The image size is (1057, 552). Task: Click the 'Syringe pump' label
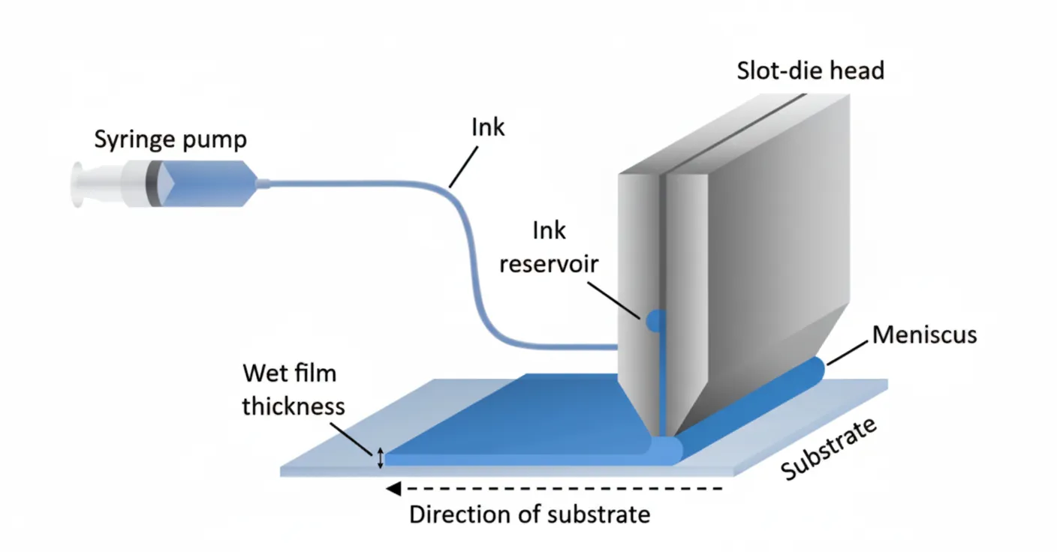point(170,139)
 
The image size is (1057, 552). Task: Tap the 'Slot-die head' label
point(810,70)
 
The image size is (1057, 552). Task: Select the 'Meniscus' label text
point(924,334)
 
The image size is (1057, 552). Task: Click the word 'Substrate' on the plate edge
point(829,448)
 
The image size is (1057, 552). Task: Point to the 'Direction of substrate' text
point(529,515)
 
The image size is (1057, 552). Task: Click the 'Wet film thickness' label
point(293,389)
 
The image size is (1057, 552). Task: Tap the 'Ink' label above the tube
point(488,127)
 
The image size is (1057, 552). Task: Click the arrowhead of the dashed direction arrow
point(392,489)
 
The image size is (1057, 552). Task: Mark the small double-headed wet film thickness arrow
point(380,457)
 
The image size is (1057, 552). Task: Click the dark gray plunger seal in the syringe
point(154,183)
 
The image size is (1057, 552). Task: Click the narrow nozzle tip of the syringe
point(263,182)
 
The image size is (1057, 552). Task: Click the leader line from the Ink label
point(463,166)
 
